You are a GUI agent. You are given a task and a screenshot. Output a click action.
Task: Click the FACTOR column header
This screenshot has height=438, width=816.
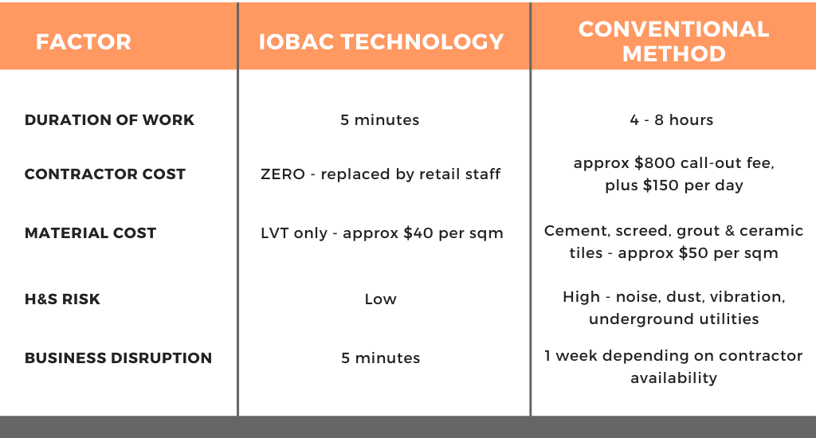click(83, 42)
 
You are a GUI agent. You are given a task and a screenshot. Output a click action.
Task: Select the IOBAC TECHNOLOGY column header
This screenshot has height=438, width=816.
click(381, 42)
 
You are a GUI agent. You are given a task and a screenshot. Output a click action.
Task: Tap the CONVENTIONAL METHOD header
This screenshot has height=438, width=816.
click(673, 41)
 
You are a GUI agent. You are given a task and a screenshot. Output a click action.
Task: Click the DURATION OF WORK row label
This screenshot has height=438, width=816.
click(109, 120)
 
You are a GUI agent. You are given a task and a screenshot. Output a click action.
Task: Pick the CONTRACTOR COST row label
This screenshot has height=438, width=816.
click(104, 174)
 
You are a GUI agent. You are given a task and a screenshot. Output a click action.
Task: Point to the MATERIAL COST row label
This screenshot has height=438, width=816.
click(90, 233)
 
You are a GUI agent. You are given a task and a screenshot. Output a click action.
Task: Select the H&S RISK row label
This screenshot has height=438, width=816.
click(62, 299)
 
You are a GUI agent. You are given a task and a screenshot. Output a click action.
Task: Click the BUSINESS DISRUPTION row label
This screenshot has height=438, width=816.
click(118, 358)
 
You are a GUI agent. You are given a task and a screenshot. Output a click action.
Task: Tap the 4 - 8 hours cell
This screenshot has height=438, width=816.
click(671, 120)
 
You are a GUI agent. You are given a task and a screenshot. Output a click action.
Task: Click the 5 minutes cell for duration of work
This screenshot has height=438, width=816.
click(380, 120)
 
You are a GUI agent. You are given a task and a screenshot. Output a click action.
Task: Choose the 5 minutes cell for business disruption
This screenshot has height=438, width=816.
click(380, 358)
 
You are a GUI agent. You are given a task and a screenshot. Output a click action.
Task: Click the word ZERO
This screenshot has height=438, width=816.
click(283, 174)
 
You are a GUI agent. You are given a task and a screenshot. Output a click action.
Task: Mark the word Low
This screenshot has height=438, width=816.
click(380, 299)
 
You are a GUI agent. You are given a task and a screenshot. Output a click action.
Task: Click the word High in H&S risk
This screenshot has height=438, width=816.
click(581, 297)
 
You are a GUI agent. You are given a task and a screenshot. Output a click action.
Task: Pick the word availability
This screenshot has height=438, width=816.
click(674, 377)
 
